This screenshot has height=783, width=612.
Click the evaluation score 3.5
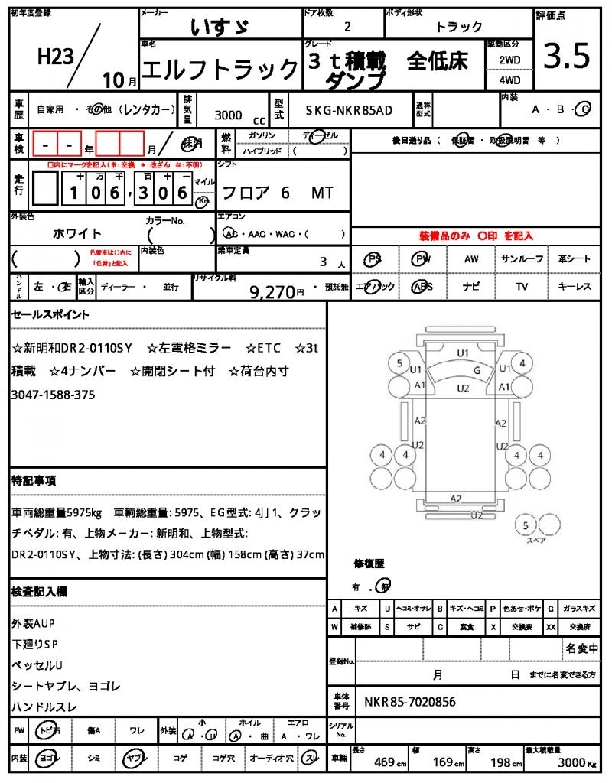(567, 57)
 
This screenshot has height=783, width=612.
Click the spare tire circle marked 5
(526, 525)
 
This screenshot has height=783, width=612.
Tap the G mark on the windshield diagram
(477, 370)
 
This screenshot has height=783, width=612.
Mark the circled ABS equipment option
(422, 287)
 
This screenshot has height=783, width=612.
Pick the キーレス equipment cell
(575, 287)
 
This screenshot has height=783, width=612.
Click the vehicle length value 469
(384, 762)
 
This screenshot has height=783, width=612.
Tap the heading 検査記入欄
(40, 591)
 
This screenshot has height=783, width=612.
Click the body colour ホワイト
(77, 233)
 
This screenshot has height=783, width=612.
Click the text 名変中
(581, 648)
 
